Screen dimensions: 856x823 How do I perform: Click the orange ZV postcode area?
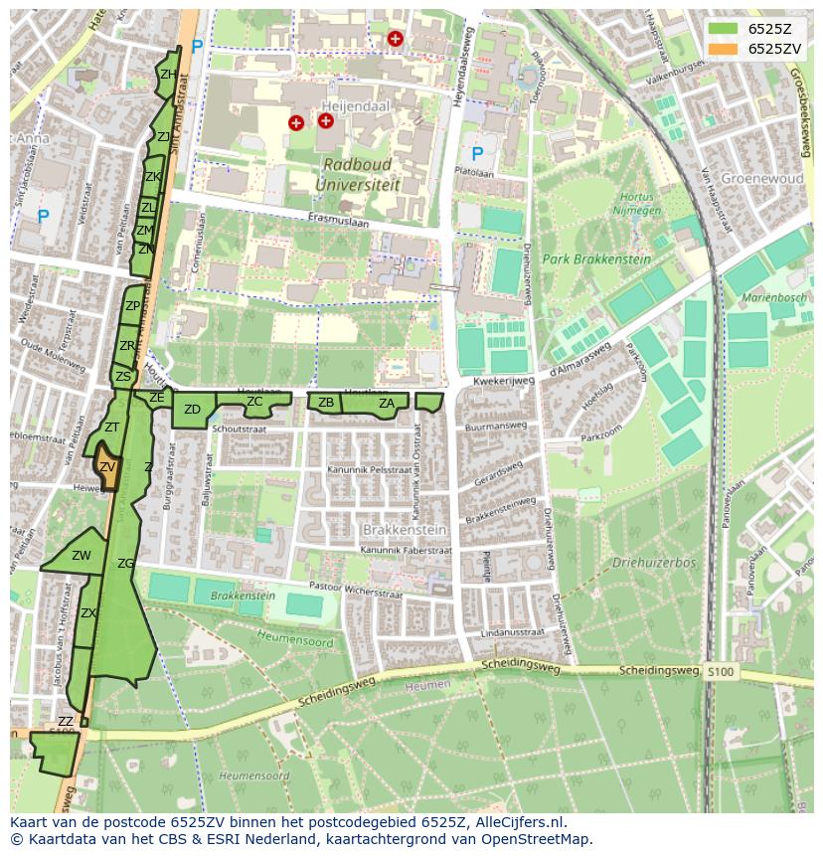point(106,468)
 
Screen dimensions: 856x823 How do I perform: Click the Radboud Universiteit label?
point(358,174)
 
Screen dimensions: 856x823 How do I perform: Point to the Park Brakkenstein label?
point(596,259)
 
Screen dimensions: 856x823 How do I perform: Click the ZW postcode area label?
point(82,556)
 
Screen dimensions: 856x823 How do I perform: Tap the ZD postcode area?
point(192,410)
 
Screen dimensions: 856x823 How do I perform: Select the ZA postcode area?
point(386,403)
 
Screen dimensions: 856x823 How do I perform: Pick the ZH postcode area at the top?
point(168,76)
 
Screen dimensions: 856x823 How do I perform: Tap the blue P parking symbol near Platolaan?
point(477,154)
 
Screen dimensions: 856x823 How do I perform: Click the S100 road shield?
point(722,673)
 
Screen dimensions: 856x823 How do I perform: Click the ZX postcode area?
point(88,613)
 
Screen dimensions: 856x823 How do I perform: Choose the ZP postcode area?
point(132,306)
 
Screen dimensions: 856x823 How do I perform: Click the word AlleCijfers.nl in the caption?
point(517,822)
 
